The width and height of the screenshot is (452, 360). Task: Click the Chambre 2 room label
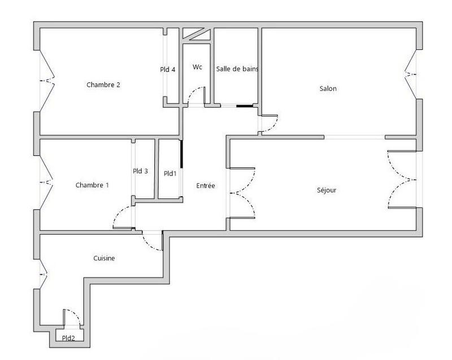tap(103, 85)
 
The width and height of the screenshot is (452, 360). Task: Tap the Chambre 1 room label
tap(92, 185)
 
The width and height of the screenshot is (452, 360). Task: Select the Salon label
tap(328, 88)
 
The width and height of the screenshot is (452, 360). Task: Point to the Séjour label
tap(327, 190)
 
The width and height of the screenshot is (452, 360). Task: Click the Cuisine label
tap(104, 258)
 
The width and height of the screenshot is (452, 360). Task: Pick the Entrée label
tap(205, 185)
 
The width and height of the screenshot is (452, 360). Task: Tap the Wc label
tap(197, 67)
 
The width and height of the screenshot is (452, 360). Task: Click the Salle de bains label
tap(237, 69)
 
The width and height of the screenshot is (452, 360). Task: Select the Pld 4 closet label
tap(168, 70)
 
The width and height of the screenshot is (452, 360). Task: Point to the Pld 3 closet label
tap(141, 171)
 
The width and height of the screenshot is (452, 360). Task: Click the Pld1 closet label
tap(170, 174)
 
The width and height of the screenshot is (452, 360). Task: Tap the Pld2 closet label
tap(69, 339)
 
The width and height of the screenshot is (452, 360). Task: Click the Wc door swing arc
tap(196, 95)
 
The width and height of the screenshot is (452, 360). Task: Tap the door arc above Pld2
tap(72, 317)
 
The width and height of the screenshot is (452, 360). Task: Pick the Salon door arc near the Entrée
tap(270, 124)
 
